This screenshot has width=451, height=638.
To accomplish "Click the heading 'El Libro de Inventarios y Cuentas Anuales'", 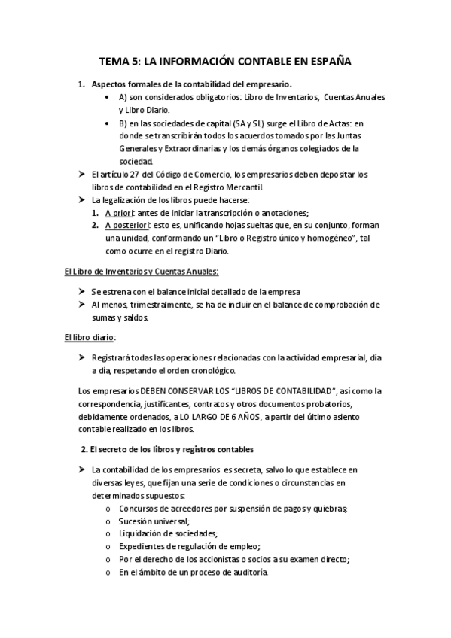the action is [141, 271].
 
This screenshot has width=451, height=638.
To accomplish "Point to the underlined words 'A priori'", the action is [120, 213].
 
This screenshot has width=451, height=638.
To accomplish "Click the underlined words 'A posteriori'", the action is [126, 225].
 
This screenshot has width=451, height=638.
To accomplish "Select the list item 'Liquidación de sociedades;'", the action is [168, 533].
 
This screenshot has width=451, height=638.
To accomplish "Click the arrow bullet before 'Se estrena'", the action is [82, 291].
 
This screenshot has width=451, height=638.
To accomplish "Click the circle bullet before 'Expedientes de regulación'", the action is [108, 546].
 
